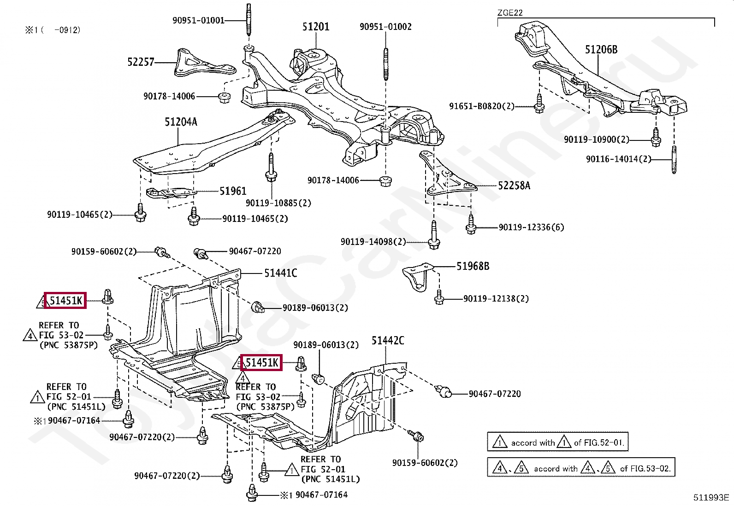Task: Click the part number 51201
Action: (315, 27)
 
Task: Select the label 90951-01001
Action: (199, 21)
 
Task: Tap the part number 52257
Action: (141, 62)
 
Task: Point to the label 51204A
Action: (181, 122)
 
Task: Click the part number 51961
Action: (233, 191)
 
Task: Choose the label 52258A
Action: (514, 186)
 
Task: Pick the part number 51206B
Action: (601, 49)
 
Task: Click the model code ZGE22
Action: (510, 13)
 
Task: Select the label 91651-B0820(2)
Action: (482, 106)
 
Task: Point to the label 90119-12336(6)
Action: (532, 227)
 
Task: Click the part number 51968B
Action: (473, 267)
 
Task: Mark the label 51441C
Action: (281, 273)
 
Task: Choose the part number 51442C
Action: (388, 341)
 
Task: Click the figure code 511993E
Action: (711, 498)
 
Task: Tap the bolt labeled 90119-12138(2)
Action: (439, 297)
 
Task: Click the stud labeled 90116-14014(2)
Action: (674, 159)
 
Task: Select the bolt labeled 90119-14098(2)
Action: (434, 235)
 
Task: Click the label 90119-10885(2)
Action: (278, 203)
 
